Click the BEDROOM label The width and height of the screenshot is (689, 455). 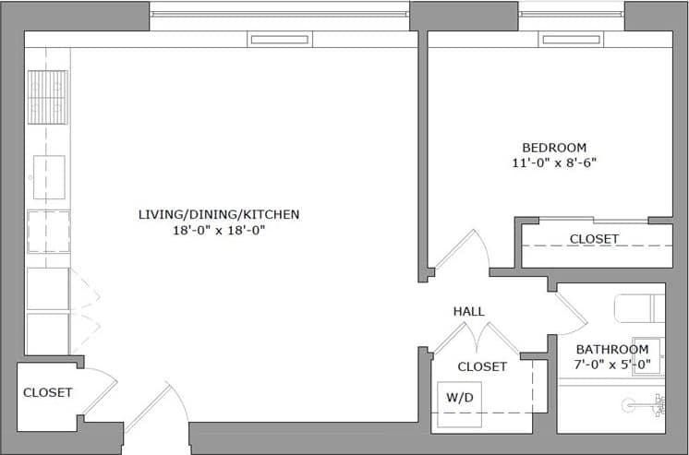[x=554, y=148]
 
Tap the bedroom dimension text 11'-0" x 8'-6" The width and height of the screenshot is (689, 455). [x=554, y=163]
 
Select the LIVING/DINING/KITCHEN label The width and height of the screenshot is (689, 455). [x=219, y=214]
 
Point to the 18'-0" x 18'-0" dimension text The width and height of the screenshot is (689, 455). [x=219, y=230]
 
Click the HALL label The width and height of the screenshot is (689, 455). [x=468, y=312]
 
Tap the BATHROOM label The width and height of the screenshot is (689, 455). [x=612, y=349]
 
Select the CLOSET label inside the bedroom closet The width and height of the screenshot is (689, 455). [x=594, y=239]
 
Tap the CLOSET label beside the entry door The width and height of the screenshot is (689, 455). [x=47, y=392]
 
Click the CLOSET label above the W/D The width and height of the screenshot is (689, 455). [x=482, y=366]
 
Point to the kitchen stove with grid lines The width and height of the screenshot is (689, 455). [x=48, y=97]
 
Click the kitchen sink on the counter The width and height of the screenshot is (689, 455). [x=48, y=176]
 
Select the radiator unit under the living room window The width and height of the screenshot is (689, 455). [x=279, y=40]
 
